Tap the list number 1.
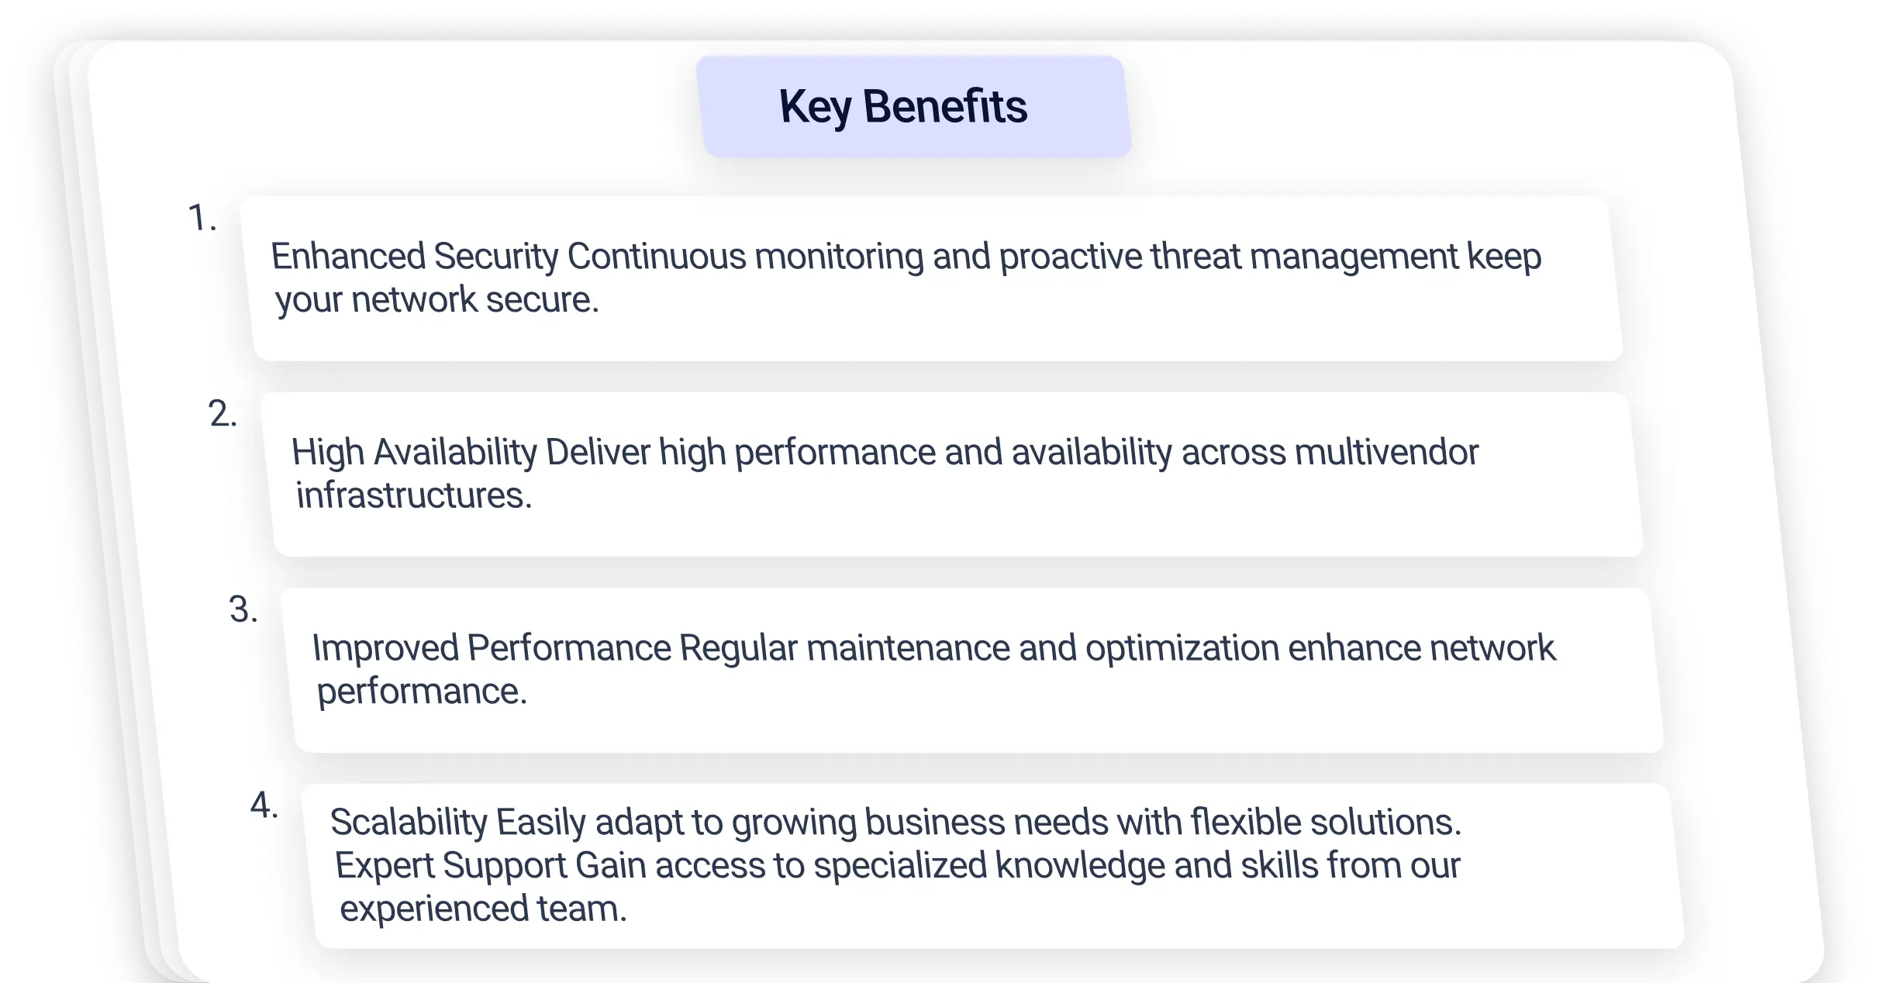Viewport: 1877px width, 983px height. (x=202, y=218)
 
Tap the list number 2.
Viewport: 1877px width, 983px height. (x=223, y=414)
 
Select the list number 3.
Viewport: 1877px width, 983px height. (x=243, y=609)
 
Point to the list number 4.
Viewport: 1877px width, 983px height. (x=264, y=805)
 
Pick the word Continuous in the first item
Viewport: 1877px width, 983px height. (x=657, y=256)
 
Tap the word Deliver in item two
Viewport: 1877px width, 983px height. (x=598, y=452)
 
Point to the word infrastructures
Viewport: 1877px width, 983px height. (x=414, y=495)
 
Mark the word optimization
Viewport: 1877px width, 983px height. (x=1182, y=648)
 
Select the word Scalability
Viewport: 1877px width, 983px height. (x=409, y=823)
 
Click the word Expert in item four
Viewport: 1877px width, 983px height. (x=385, y=866)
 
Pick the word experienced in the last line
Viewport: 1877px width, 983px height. (x=434, y=909)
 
